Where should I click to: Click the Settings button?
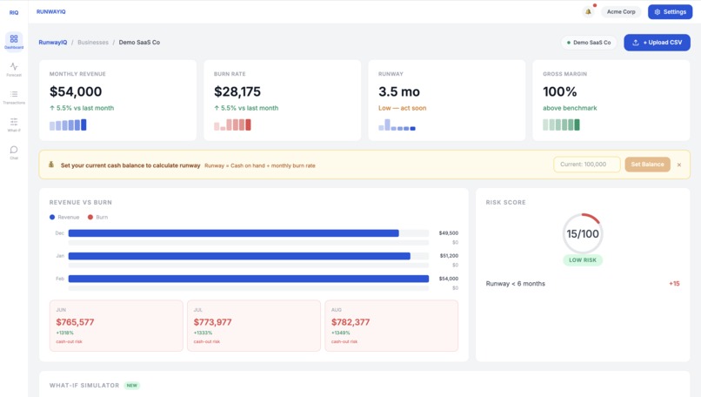tap(670, 12)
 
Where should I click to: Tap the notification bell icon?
tap(589, 12)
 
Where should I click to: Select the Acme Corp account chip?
tap(621, 12)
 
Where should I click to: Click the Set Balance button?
tap(647, 165)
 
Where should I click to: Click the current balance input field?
tap(586, 165)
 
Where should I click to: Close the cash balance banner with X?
tap(679, 165)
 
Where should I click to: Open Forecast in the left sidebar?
tap(14, 70)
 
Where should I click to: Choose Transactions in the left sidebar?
tap(14, 98)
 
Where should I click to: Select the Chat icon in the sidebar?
tap(14, 152)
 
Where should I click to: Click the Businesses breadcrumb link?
tap(93, 43)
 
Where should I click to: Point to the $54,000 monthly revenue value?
tap(76, 91)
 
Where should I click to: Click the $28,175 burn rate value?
tap(237, 91)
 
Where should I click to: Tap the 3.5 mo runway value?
tap(399, 91)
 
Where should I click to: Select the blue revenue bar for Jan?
tap(239, 256)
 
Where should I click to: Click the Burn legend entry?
tap(98, 217)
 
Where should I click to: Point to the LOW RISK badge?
tap(583, 259)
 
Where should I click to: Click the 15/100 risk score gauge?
tap(583, 233)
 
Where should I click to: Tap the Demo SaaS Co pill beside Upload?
tap(590, 43)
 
